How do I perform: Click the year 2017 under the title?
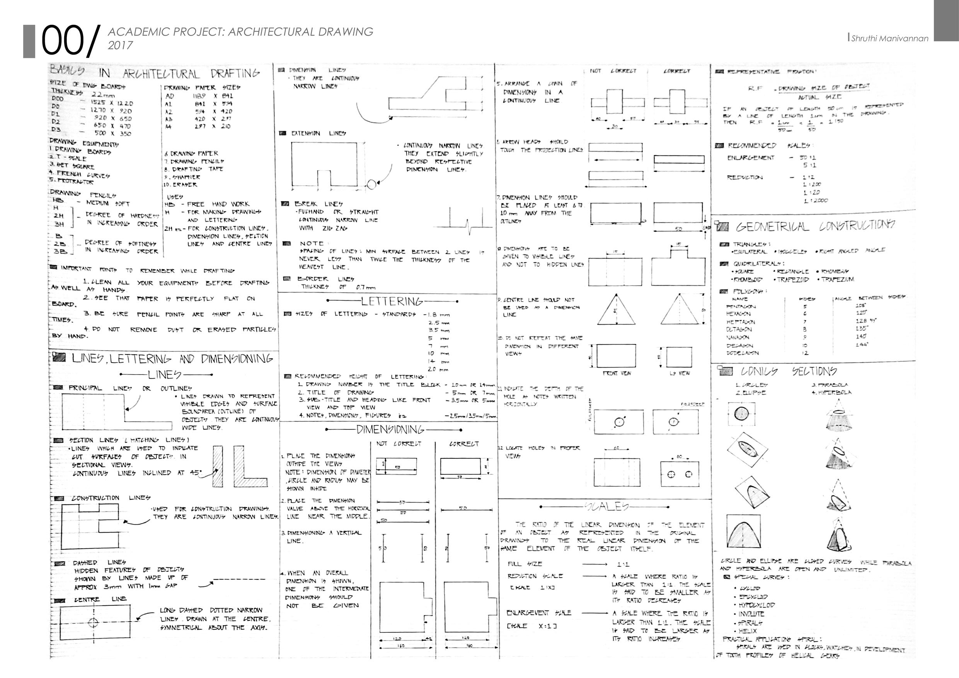(120, 46)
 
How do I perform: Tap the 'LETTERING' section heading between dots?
(392, 301)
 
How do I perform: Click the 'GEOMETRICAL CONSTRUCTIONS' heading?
(815, 227)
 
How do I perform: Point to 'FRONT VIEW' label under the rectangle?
(617, 373)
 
